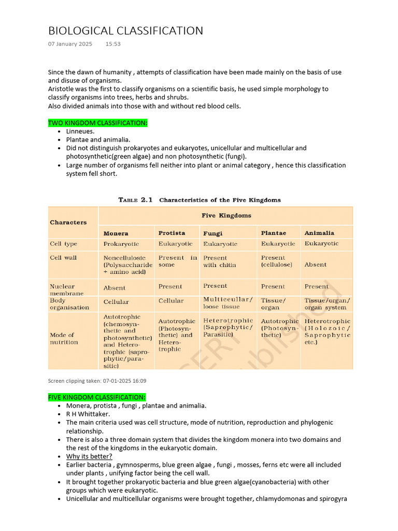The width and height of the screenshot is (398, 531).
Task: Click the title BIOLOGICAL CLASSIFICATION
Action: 125,31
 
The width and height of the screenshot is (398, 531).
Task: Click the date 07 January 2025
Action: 70,44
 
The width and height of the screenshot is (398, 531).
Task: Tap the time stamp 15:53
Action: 113,44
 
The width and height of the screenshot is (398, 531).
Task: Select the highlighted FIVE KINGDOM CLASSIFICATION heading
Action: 97,397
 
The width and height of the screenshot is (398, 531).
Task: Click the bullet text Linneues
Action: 80,131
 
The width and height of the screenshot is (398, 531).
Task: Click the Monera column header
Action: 116,233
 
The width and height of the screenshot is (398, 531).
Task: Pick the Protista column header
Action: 172,233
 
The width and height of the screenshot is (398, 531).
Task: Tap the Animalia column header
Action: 319,233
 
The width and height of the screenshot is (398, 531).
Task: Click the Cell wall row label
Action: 63,258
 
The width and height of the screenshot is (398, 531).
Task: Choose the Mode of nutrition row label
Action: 64,339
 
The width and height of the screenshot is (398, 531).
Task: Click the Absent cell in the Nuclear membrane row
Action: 115,288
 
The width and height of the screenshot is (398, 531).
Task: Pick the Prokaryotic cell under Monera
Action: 121,244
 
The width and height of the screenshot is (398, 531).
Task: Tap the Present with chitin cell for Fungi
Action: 219,261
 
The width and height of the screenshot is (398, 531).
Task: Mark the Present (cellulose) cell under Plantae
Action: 276,261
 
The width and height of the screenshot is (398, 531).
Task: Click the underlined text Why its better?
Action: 89,456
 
